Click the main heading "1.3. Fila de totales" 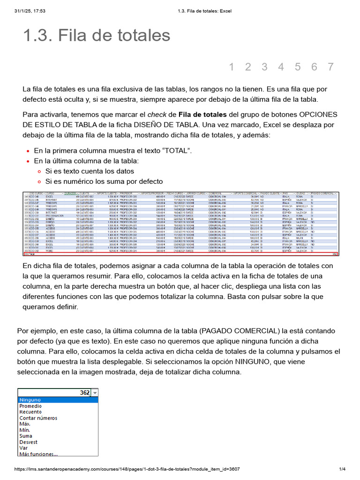pos(97,36)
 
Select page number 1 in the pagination pos(232,67)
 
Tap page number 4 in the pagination pos(281,67)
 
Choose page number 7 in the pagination pos(330,67)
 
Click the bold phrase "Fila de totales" pos(202,114)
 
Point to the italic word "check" pos(157,114)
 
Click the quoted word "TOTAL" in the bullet pos(176,150)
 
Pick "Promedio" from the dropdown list pos(30,406)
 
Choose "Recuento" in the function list pos(30,412)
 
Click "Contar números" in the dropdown pos(38,418)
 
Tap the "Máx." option pos(25,424)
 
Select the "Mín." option pos(24,430)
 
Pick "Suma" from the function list pos(26,436)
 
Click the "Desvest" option pos(28,442)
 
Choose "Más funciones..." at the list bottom pos(38,454)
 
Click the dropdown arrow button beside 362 pos(95,393)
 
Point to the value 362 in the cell pos(84,393)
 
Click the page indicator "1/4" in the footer pos(342,469)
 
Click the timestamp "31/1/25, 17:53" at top pos(30,11)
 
